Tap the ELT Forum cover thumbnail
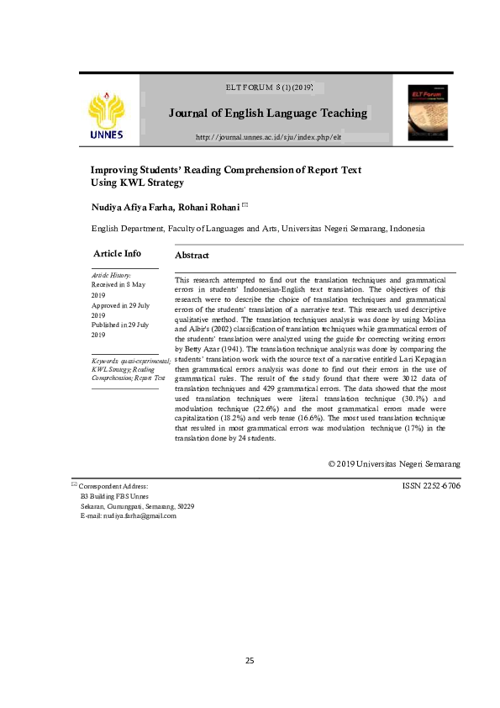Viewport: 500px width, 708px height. (428, 112)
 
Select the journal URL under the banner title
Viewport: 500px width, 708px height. (268, 136)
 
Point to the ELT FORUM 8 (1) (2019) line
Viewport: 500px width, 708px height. (270, 87)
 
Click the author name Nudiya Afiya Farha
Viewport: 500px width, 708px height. (138, 206)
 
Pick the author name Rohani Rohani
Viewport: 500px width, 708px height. (214, 206)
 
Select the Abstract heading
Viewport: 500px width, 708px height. (192, 255)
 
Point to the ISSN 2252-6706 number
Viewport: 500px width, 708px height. (432, 485)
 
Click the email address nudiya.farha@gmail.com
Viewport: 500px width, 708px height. (128, 515)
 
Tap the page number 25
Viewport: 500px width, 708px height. (250, 659)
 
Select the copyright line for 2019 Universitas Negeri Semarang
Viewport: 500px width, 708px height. (394, 463)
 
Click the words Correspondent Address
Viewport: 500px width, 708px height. (113, 486)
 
